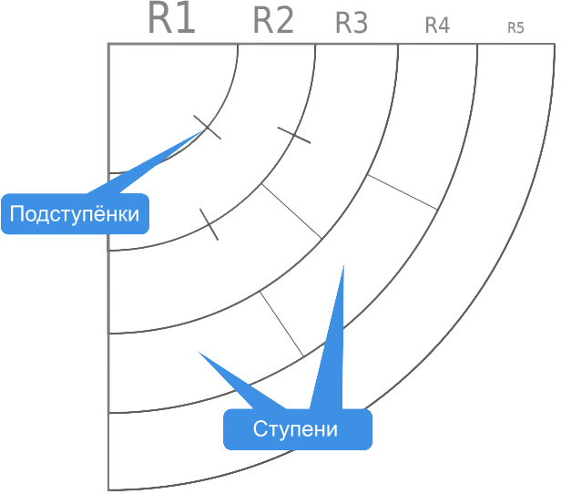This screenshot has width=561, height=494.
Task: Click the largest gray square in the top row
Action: tap(172, 16)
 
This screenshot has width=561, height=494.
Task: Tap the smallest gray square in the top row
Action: tap(516, 27)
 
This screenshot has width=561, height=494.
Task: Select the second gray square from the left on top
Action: tap(273, 19)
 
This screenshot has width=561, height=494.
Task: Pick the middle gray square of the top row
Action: tap(352, 22)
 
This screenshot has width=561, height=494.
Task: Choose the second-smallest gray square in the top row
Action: tap(437, 25)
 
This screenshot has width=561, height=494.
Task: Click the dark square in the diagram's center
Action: tap(291, 211)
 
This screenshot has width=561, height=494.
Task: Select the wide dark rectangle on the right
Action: tap(402, 191)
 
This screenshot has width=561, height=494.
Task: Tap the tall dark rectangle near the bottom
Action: tap(281, 324)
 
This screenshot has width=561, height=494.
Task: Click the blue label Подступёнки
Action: tap(75, 214)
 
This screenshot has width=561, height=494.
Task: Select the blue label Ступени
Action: tap(296, 429)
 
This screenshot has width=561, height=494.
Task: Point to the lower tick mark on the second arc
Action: tap(209, 223)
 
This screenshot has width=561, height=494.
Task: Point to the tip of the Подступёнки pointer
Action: tap(202, 131)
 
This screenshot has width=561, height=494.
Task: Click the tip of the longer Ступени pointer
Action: tap(342, 266)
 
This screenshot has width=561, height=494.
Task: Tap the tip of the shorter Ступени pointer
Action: tap(198, 352)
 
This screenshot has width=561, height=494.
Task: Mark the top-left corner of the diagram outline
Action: tap(108, 43)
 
